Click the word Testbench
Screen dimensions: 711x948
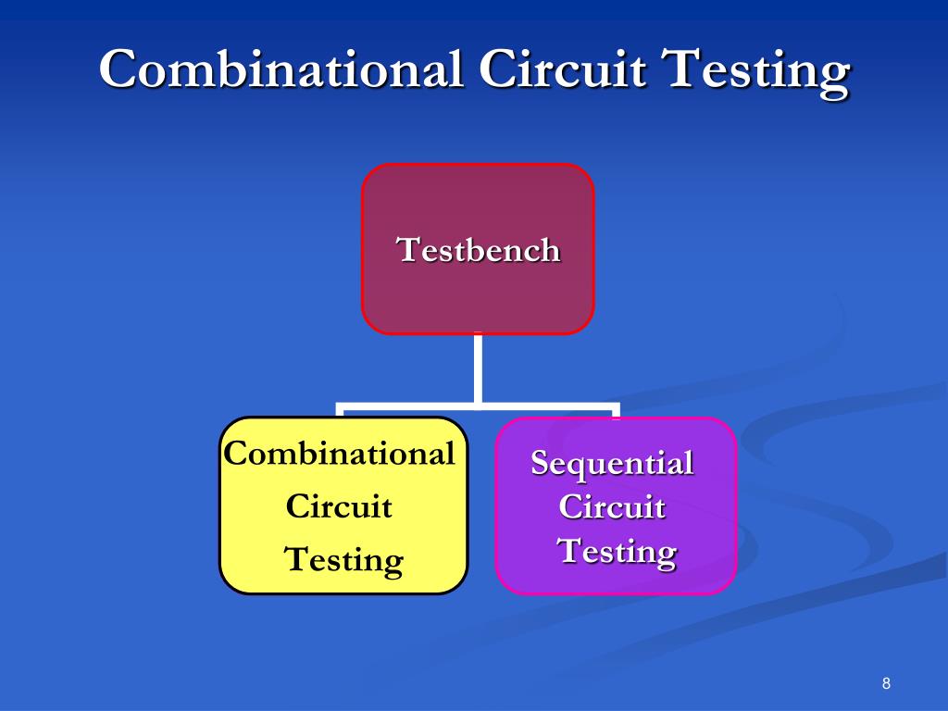click(478, 250)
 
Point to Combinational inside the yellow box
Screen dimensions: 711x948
click(340, 454)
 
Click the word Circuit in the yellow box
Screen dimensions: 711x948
click(340, 506)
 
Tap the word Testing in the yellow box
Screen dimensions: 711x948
click(343, 560)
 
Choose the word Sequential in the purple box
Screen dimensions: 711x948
click(612, 462)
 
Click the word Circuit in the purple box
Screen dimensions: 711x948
click(613, 506)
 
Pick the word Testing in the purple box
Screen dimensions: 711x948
click(616, 552)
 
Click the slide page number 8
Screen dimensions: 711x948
click(886, 684)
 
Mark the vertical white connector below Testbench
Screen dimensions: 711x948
click(478, 368)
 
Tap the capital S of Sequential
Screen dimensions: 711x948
click(540, 462)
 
